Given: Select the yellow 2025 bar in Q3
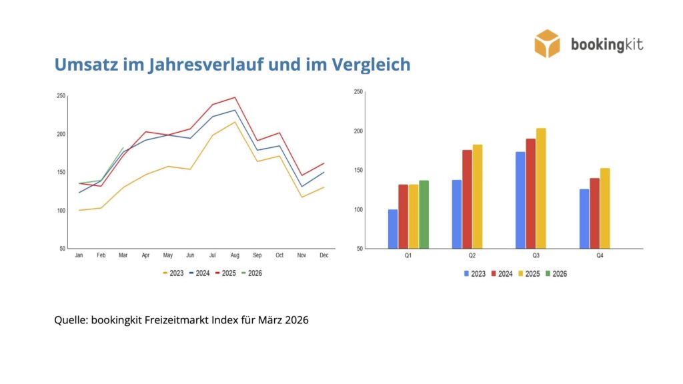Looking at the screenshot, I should [540, 189].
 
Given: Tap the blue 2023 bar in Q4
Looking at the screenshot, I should [584, 219].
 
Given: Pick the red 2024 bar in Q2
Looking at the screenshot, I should [467, 199].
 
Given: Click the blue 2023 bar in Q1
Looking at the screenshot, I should [393, 229].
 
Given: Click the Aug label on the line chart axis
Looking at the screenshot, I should [235, 255].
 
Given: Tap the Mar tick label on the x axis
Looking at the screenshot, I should [123, 255].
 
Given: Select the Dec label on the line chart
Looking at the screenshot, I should [323, 255].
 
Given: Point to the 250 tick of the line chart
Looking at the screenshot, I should [61, 96].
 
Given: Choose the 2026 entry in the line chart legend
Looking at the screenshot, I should [251, 273].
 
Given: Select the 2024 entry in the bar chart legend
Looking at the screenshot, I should [503, 274].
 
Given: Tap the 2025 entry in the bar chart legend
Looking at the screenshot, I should [531, 274].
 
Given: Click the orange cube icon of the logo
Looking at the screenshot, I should [547, 43].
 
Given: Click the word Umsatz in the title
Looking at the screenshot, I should [83, 65].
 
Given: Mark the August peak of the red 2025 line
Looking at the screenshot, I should [235, 97].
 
